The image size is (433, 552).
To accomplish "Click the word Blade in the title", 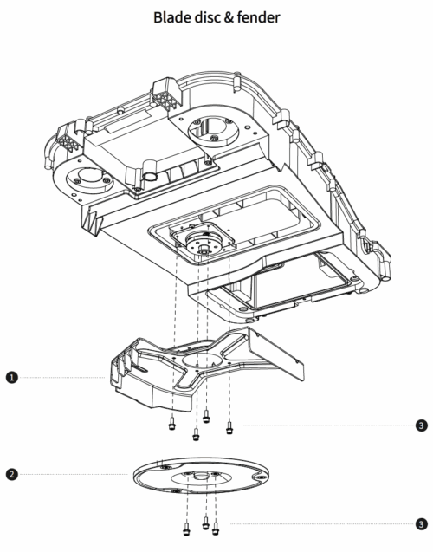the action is pyautogui.click(x=172, y=17).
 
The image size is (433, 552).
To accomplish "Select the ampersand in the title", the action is pyautogui.click(x=229, y=17).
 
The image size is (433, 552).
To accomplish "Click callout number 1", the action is pyautogui.click(x=12, y=378).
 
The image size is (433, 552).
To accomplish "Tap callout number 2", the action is pyautogui.click(x=12, y=474).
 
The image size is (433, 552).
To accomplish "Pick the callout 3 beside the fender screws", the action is pyautogui.click(x=421, y=425).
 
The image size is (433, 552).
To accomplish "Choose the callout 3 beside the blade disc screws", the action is pyautogui.click(x=421, y=523).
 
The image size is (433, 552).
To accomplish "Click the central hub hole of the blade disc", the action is pyautogui.click(x=202, y=477).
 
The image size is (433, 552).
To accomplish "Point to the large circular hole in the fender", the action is pyautogui.click(x=202, y=362).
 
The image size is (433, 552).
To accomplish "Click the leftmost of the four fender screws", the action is pyautogui.click(x=172, y=423).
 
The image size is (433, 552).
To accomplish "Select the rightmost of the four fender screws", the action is pyautogui.click(x=229, y=427).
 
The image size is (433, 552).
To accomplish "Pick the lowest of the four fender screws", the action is pyautogui.click(x=196, y=434).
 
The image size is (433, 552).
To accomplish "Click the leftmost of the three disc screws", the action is pyautogui.click(x=186, y=528).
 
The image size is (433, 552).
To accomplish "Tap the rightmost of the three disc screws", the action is pyautogui.click(x=216, y=528).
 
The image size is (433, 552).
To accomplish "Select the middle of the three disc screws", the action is pyautogui.click(x=206, y=523).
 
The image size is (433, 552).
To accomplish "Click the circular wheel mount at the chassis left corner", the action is pyautogui.click(x=90, y=179).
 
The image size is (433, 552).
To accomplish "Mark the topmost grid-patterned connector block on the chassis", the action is pyautogui.click(x=167, y=94).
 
